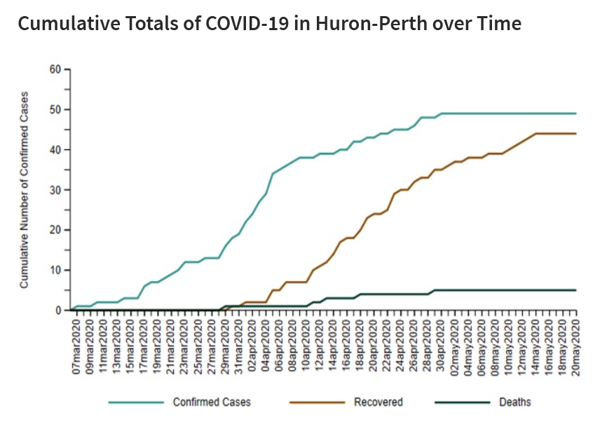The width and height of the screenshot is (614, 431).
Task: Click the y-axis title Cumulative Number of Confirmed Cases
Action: click(x=24, y=189)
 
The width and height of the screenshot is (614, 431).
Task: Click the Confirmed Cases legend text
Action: click(x=212, y=402)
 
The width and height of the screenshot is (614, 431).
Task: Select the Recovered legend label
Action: click(x=378, y=402)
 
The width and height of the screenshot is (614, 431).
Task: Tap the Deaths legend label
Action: click(x=514, y=402)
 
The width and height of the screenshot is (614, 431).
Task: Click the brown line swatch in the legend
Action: click(x=317, y=402)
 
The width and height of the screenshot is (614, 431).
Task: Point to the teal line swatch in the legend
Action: click(x=135, y=402)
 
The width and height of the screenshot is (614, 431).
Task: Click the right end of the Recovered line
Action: click(x=575, y=134)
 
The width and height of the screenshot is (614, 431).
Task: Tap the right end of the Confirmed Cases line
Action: click(x=575, y=114)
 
